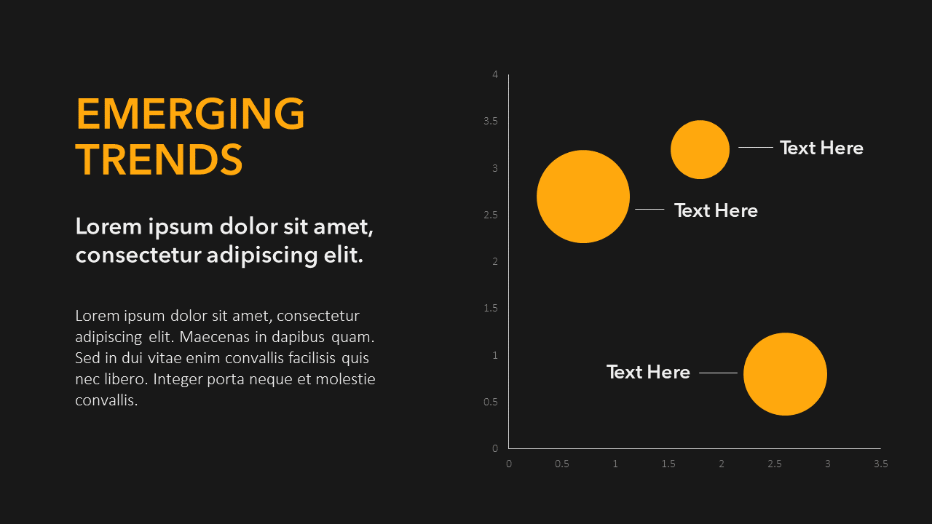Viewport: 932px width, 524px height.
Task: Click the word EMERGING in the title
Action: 190,114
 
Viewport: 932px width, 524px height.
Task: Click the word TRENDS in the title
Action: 159,159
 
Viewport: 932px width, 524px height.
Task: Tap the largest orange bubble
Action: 583,196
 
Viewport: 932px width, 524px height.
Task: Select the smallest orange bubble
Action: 700,149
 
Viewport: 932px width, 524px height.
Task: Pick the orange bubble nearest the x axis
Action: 785,374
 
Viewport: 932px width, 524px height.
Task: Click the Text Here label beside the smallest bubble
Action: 821,148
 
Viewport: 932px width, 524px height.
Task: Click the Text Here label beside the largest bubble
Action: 716,210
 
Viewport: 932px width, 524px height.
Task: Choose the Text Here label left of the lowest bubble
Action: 648,372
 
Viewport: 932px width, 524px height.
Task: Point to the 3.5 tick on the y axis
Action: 491,121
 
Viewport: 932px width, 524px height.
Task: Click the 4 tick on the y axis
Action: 495,74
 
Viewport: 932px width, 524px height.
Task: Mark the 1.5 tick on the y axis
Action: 491,308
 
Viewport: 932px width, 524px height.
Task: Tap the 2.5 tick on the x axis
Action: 775,464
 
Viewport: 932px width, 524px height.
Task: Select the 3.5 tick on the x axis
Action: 881,464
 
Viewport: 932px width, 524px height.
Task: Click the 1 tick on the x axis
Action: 615,464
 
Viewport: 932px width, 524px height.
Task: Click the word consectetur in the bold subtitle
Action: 138,255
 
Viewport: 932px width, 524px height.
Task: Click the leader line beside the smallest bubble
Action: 756,147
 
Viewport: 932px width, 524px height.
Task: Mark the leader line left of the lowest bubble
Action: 718,373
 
